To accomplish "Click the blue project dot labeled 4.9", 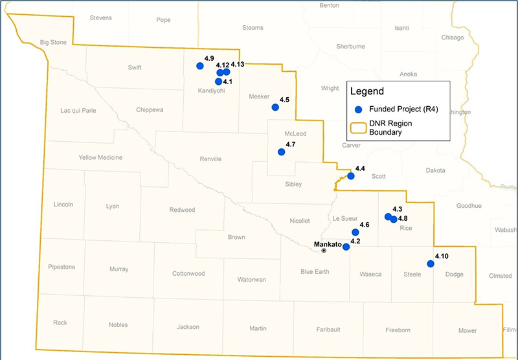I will (200, 65).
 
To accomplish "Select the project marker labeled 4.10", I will (431, 264).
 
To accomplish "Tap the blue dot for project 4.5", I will (275, 107).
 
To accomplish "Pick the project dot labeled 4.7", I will (281, 152).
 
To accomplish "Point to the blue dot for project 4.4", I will (351, 175).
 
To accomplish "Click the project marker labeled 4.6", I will (355, 232).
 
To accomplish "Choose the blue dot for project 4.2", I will (346, 247).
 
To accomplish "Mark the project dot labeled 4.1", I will (218, 82).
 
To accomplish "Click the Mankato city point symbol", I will (324, 251).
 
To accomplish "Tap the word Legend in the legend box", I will (366, 91).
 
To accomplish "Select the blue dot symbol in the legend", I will (358, 109).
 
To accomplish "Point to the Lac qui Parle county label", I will (78, 110).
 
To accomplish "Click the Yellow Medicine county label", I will (100, 157).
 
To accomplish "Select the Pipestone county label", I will (62, 267).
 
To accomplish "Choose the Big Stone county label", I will (54, 43).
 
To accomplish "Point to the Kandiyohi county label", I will (211, 91).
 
